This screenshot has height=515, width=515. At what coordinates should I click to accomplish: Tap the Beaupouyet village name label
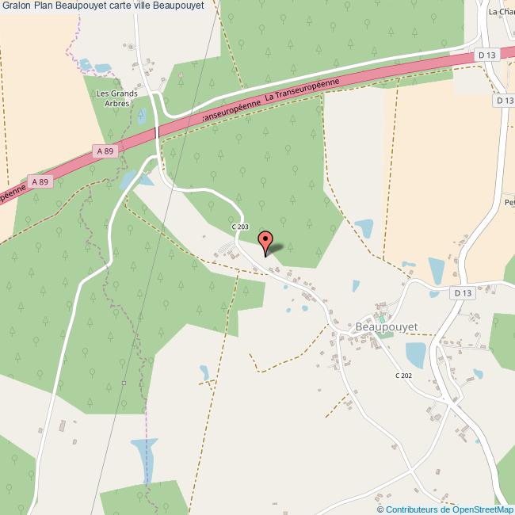(387, 326)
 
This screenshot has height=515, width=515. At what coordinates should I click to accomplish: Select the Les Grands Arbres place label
(116, 97)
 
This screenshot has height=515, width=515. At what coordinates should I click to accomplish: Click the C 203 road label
(240, 227)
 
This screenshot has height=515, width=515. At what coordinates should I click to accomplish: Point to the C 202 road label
(404, 376)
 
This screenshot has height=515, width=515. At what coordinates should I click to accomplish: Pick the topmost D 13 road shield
(486, 54)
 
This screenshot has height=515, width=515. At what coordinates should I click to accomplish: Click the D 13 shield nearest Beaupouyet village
(463, 292)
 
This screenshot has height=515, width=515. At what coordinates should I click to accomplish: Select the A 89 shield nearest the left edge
(40, 181)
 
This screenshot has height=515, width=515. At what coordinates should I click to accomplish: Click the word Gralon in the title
(16, 6)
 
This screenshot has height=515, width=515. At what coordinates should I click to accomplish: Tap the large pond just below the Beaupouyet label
(416, 354)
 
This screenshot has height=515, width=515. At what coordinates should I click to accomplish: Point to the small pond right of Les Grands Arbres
(141, 116)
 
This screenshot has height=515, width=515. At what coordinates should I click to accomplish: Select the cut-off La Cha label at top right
(502, 12)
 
